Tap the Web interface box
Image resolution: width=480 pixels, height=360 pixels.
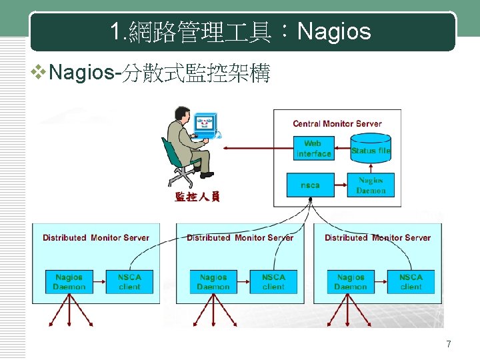[313, 149]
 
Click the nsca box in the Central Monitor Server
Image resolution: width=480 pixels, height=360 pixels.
[310, 185]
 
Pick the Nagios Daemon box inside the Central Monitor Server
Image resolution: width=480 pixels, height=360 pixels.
[371, 185]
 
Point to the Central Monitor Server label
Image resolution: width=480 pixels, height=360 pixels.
[337, 123]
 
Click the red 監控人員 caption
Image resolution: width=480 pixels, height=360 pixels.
[197, 197]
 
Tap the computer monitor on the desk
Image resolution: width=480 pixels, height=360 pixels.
[206, 125]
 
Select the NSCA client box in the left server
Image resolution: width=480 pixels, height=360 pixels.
[129, 281]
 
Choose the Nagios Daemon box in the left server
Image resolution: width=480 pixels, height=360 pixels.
[69, 281]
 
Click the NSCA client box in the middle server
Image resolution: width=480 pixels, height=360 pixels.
[273, 281]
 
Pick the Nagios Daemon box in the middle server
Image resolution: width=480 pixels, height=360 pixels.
[213, 281]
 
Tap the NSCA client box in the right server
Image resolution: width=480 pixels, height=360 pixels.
[411, 281]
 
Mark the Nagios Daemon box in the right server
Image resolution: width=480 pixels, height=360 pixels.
[351, 281]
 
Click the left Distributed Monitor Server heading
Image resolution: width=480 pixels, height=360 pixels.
[96, 237]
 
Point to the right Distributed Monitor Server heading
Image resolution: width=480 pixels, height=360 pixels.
[377, 237]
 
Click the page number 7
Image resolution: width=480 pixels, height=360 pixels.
[449, 344]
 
